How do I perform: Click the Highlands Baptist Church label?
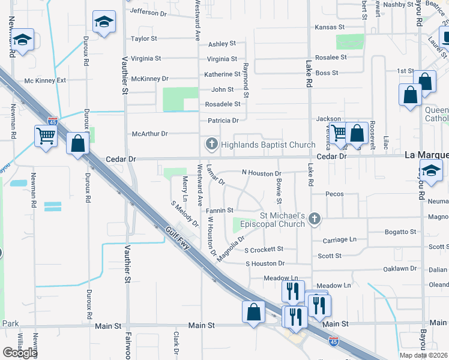click(268, 145)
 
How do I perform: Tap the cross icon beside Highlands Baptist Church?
click(211, 144)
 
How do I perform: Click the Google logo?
click(20, 353)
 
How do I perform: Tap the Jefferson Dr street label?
click(148, 12)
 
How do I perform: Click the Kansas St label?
click(330, 27)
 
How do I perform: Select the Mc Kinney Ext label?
click(45, 80)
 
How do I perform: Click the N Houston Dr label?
click(262, 173)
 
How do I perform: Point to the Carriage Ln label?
click(340, 239)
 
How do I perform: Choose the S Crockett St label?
click(264, 249)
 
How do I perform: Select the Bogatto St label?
click(400, 232)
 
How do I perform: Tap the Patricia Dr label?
click(223, 121)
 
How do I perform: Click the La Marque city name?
click(426, 154)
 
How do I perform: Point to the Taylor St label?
click(144, 38)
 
